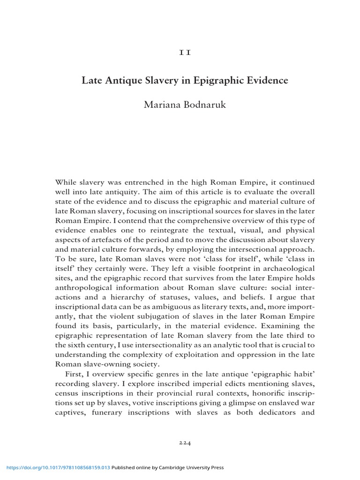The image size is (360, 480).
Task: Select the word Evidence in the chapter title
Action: (x=265, y=80)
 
